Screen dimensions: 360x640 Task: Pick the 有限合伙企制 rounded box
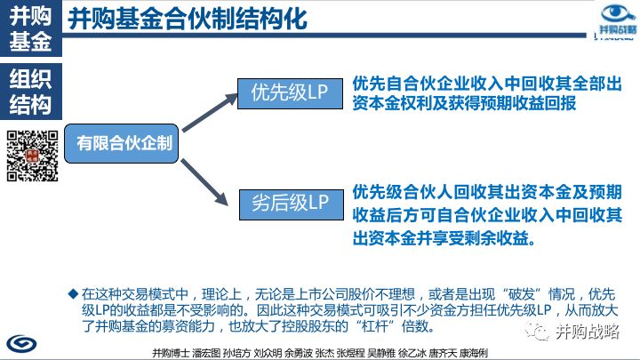(124, 142)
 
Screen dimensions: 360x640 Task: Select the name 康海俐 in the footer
(472, 353)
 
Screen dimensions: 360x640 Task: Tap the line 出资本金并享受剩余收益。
(444, 238)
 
